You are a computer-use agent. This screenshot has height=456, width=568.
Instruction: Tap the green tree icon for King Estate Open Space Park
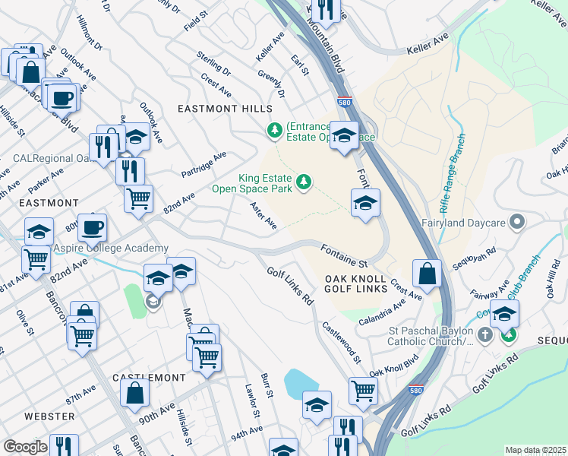click(304, 181)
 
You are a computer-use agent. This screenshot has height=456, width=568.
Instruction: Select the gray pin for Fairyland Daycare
click(518, 223)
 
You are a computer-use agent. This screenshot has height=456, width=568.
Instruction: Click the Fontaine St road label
click(344, 255)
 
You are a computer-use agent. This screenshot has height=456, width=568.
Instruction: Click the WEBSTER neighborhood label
click(49, 416)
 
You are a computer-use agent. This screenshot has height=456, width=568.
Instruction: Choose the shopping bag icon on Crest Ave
click(428, 274)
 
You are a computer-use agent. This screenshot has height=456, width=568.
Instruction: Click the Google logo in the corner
click(25, 447)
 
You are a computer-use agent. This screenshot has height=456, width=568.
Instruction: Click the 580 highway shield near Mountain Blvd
click(344, 102)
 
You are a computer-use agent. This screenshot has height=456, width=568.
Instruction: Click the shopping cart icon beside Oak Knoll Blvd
click(364, 391)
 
